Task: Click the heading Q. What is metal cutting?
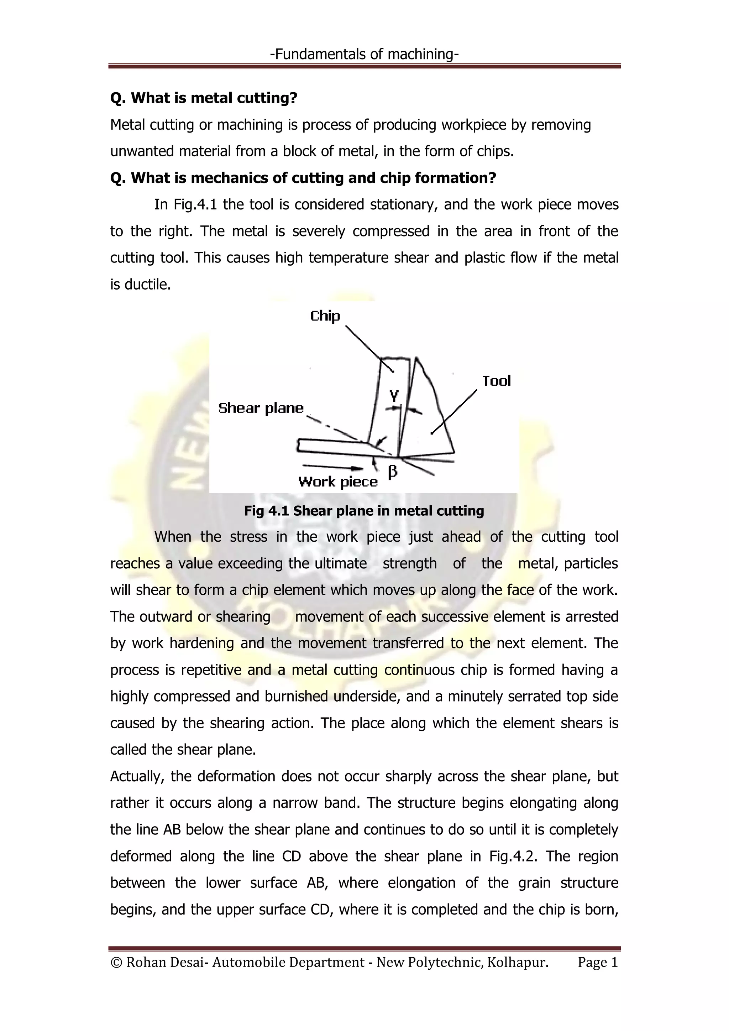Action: (204, 98)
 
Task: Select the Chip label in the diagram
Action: (325, 316)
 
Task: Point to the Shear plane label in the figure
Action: (261, 408)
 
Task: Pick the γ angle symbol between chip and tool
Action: (394, 395)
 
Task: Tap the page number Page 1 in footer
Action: (598, 962)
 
